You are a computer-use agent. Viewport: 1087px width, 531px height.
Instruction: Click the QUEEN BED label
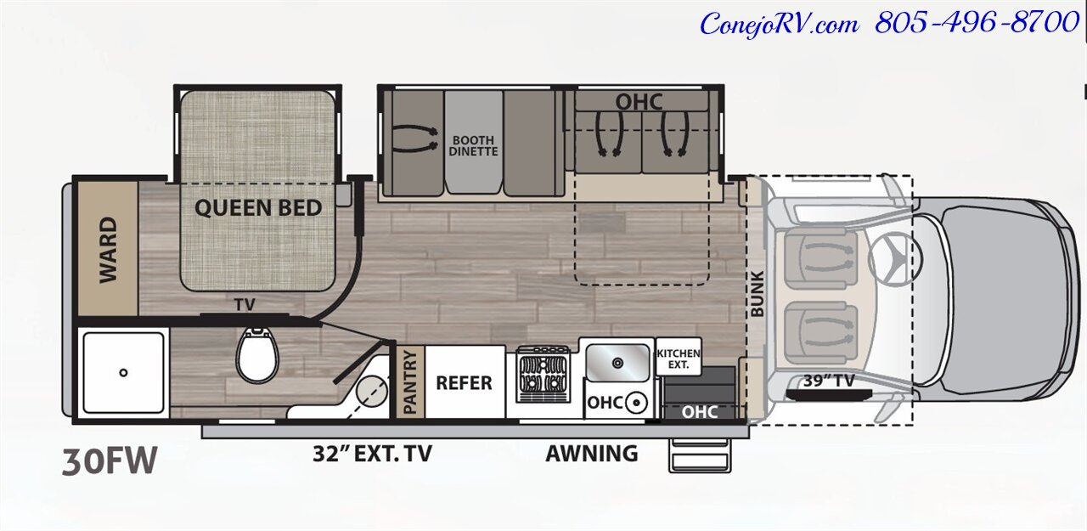coord(258,208)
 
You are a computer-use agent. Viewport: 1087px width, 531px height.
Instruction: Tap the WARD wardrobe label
coord(108,250)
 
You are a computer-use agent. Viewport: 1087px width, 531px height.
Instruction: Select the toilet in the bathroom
coord(257,355)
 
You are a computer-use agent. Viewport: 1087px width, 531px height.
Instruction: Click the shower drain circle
coord(123,373)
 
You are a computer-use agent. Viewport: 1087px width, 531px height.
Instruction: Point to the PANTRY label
coord(410,382)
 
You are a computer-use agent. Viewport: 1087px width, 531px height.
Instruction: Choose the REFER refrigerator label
coord(464,383)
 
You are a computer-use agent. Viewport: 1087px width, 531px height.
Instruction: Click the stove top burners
coord(543,374)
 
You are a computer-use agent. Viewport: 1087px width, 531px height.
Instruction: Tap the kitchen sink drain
coord(617,363)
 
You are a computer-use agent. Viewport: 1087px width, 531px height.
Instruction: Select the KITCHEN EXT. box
coord(679,357)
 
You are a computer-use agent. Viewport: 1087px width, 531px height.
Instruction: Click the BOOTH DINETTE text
coord(473,146)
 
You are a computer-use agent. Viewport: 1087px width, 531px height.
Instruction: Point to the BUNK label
coord(757,294)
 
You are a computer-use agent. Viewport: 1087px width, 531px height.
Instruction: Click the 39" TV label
coord(829,381)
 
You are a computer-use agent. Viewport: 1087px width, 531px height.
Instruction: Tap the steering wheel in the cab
coord(894,257)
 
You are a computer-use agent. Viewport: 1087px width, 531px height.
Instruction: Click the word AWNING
coord(592,454)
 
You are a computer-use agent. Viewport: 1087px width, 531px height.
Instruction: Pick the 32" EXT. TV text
coord(372,454)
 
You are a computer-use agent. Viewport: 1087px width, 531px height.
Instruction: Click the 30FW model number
coord(110,461)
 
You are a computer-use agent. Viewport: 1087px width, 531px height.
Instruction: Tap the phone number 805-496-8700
coord(977,23)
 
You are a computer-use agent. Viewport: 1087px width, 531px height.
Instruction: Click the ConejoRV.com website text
coord(780,25)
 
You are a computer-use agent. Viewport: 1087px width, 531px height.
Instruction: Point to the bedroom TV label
coord(245,305)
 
